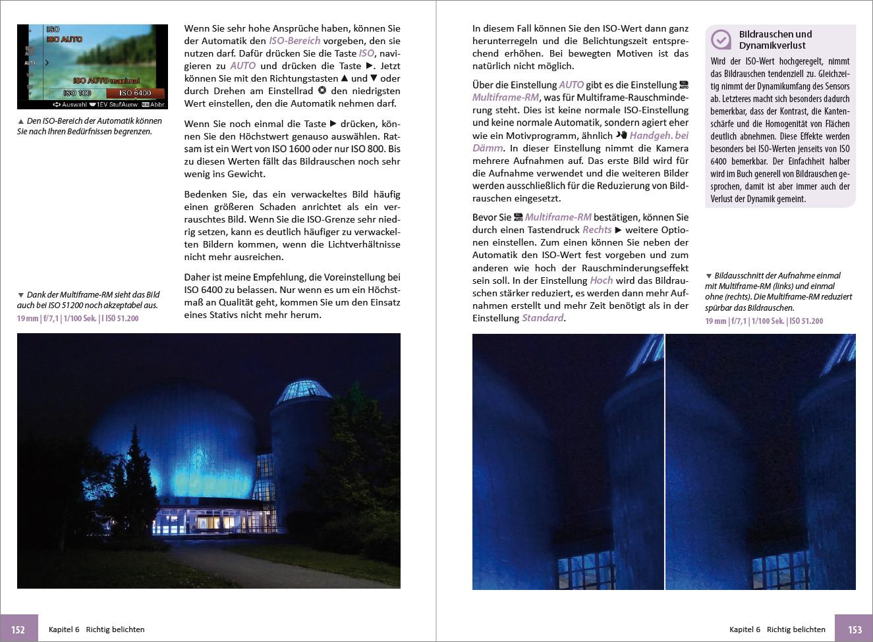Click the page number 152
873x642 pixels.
click(18, 629)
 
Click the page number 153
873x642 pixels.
click(855, 629)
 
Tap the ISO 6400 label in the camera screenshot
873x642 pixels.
click(134, 93)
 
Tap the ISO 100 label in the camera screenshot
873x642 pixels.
click(77, 93)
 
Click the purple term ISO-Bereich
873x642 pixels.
click(295, 41)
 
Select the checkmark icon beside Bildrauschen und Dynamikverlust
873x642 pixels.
click(721, 40)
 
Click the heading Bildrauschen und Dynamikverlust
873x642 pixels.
click(775, 40)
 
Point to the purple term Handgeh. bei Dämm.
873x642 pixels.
click(658, 136)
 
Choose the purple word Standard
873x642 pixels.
click(543, 318)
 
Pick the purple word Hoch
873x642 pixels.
click(601, 281)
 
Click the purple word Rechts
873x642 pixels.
click(597, 230)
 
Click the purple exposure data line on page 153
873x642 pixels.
click(764, 321)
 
